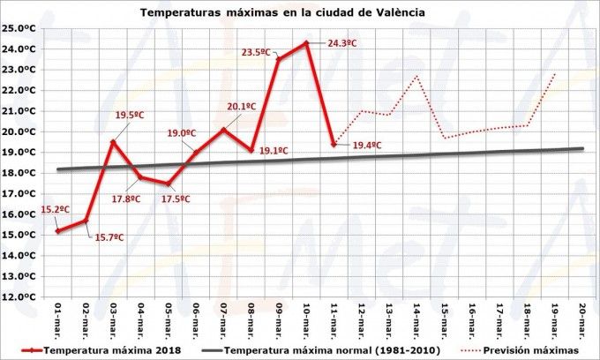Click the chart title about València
point(282,13)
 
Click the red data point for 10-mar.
point(306,42)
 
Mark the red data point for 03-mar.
point(113,141)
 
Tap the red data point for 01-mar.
point(58,231)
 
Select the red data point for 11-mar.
point(334,144)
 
